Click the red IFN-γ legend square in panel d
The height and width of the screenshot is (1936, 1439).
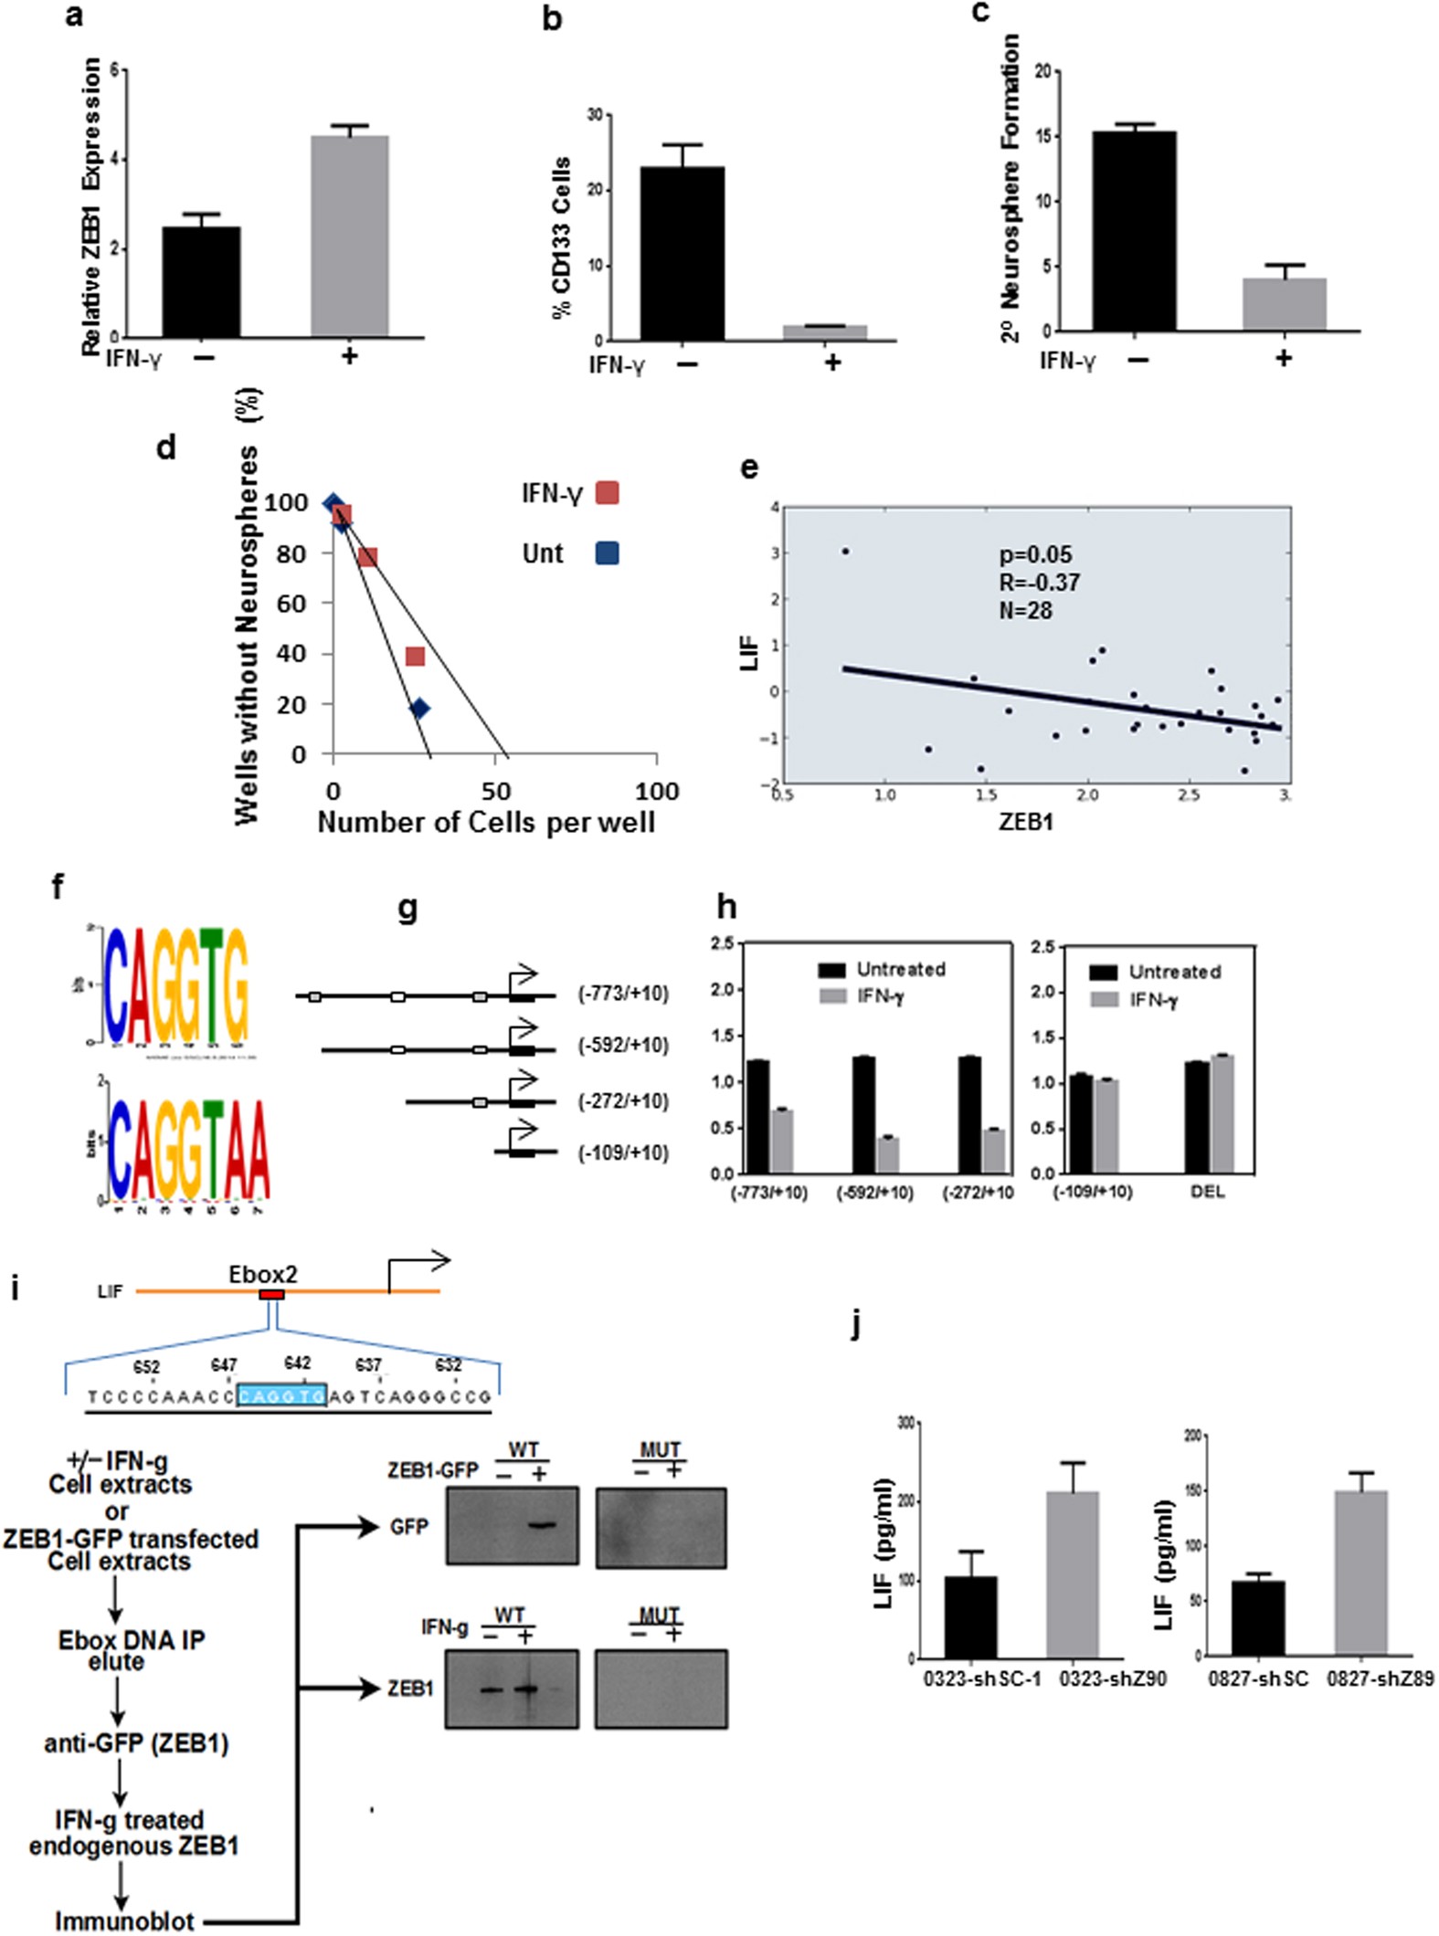pyautogui.click(x=607, y=493)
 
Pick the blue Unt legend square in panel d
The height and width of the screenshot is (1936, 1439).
pyautogui.click(x=607, y=552)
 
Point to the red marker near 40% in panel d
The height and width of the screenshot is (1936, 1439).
pyautogui.click(x=415, y=657)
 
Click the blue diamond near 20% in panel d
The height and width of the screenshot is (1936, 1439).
pyautogui.click(x=419, y=708)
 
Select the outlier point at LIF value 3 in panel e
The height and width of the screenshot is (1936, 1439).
pyautogui.click(x=845, y=552)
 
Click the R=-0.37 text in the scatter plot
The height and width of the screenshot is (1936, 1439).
pyautogui.click(x=1039, y=583)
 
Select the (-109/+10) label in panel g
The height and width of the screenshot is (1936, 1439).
pyautogui.click(x=623, y=1152)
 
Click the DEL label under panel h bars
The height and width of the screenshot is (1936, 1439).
pyautogui.click(x=1208, y=1192)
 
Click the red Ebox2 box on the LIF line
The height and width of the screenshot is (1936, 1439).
pyautogui.click(x=271, y=1294)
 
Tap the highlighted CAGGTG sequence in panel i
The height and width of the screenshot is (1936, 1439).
pyautogui.click(x=281, y=1395)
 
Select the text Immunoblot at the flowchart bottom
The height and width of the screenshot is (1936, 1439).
pyautogui.click(x=124, y=1921)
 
